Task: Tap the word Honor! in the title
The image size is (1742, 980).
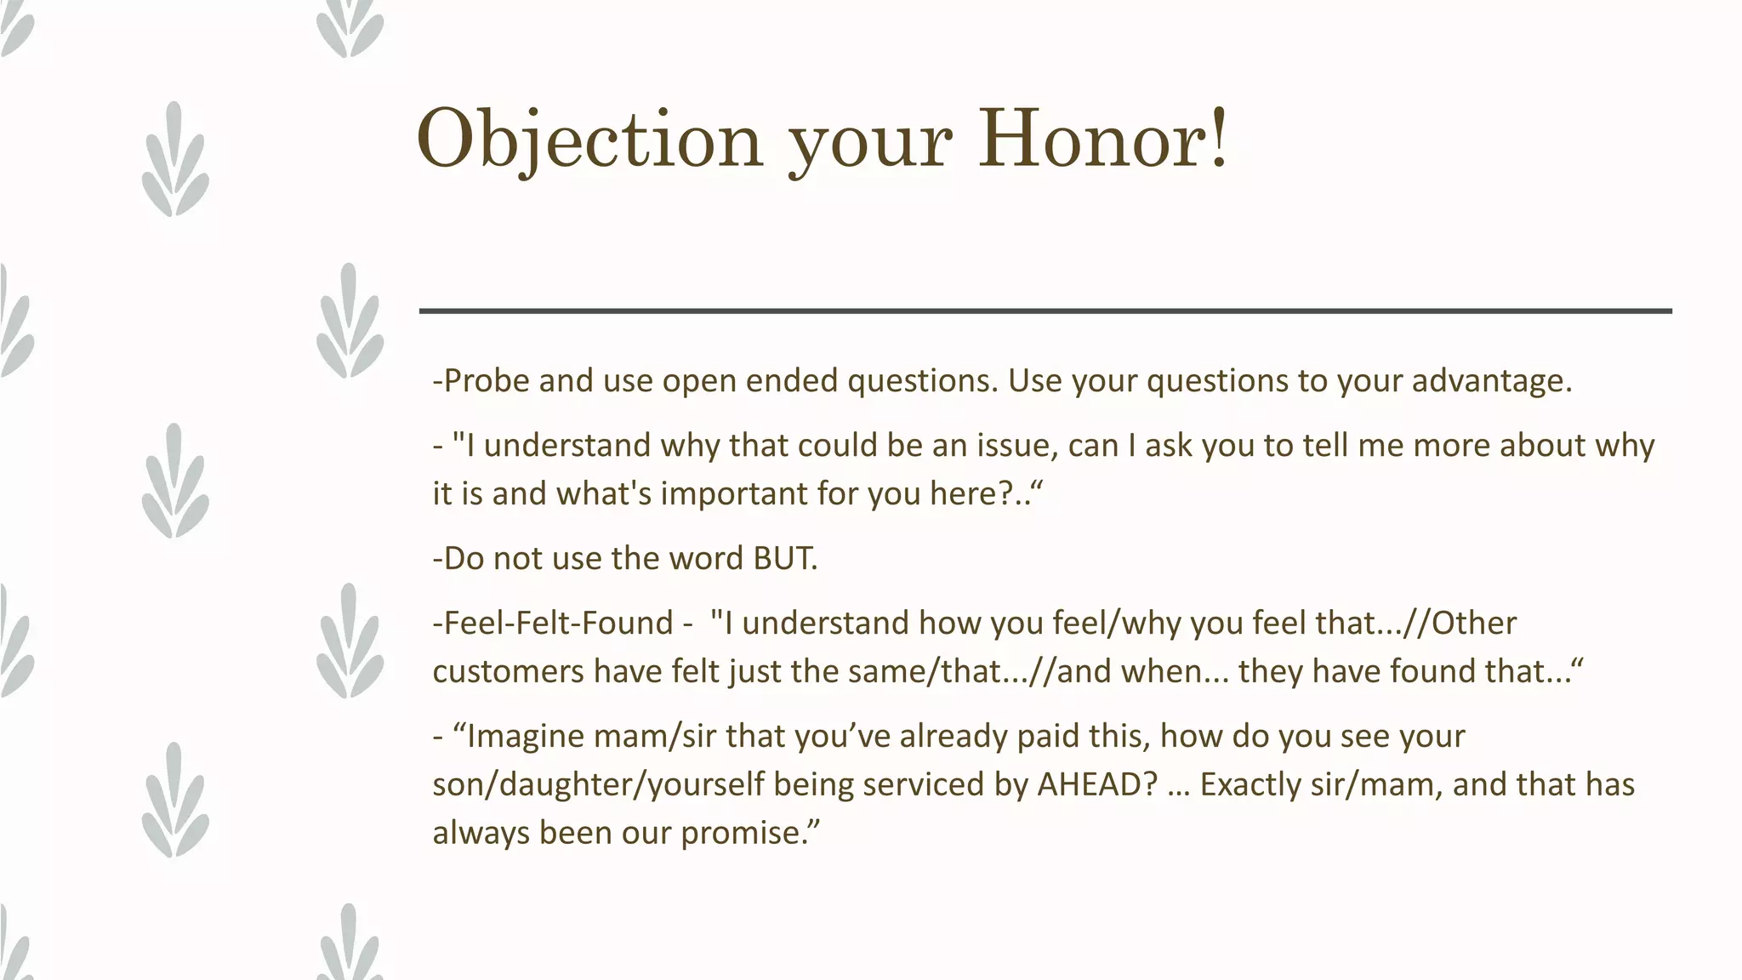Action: (1103, 139)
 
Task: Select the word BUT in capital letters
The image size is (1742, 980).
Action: (783, 558)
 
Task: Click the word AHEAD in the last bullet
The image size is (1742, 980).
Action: (1097, 783)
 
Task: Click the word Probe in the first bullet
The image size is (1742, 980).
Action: (487, 380)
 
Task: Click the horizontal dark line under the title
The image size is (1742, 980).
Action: (1045, 311)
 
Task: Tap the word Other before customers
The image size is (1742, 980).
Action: (1473, 623)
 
